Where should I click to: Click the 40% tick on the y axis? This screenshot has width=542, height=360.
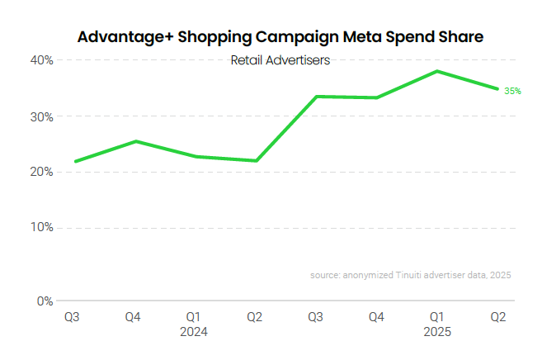point(43,60)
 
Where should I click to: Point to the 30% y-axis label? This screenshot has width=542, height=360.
point(43,116)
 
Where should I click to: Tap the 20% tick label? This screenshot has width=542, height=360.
point(43,172)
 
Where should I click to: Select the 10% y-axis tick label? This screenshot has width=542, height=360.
point(43,227)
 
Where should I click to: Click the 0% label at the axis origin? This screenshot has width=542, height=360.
point(45,301)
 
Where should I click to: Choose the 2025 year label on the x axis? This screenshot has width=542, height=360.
point(437,332)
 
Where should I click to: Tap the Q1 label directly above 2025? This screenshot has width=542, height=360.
point(437,316)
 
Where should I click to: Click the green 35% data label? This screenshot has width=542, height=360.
point(513,91)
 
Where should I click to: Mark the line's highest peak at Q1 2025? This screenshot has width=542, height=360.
point(437,71)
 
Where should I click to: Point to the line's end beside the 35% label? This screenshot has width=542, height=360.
point(497,89)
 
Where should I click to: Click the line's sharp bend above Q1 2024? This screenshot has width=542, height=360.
point(196,156)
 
